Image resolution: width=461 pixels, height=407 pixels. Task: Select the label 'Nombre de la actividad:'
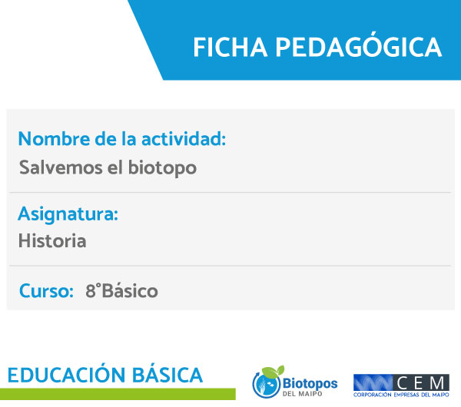coord(122,138)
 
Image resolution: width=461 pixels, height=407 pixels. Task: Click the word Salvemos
coord(61,167)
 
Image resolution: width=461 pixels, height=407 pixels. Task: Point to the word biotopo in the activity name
coord(163,168)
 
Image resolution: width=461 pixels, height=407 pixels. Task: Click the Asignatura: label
coord(68,214)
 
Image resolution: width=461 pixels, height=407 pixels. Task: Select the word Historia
coord(52,241)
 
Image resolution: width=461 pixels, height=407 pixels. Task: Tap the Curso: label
coord(46,290)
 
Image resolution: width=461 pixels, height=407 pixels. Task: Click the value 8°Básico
coord(121,290)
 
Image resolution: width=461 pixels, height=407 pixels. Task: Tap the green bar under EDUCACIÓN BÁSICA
coord(118,394)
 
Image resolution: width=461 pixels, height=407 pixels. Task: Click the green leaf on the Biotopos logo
coord(273,371)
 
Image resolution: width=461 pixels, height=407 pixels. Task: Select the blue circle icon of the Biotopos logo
coord(266,385)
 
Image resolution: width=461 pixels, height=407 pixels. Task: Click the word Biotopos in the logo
coord(310,384)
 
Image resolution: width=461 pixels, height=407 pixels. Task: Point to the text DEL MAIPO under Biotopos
coord(302,394)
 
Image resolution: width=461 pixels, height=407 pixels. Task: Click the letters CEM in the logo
coord(421,383)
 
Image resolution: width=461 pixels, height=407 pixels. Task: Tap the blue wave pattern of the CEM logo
coord(373,383)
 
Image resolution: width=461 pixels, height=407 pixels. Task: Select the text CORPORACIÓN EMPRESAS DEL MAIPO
coord(401,395)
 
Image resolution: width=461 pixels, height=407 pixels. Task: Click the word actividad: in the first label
coord(184,138)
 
